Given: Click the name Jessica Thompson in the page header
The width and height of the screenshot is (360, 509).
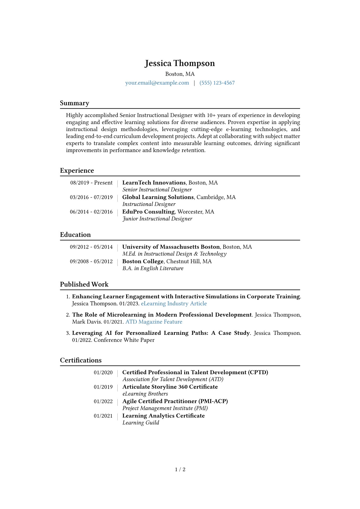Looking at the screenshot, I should (x=180, y=63).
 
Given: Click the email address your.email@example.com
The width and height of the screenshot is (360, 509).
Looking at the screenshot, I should (x=157, y=83).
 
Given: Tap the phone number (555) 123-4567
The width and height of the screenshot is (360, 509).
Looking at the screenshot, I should (x=217, y=83).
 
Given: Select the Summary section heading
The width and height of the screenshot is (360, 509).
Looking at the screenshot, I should (x=74, y=103).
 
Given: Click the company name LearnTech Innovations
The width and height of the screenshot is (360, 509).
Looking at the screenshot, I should (x=154, y=183).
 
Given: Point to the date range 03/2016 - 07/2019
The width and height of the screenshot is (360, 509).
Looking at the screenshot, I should (x=91, y=197).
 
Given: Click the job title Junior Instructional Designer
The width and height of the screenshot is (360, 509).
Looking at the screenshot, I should (x=157, y=219).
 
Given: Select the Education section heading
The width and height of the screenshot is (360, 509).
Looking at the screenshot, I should (x=75, y=235).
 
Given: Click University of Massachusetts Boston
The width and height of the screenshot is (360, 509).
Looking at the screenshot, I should (x=171, y=247).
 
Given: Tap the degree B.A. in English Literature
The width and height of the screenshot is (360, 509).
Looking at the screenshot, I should (x=153, y=268).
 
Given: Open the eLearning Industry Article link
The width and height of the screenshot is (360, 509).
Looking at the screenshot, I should (x=174, y=304).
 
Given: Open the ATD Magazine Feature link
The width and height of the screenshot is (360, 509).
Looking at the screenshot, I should (x=154, y=322).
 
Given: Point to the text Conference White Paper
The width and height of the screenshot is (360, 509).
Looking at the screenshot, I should (x=124, y=340).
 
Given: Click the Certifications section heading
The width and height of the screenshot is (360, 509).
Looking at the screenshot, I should (x=81, y=360).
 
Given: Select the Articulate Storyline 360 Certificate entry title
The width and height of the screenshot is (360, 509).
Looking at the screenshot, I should (x=170, y=387).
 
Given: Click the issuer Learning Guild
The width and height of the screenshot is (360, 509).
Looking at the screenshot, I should (x=141, y=423).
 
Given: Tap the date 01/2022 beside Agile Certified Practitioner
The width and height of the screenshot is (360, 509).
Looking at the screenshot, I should (x=103, y=401).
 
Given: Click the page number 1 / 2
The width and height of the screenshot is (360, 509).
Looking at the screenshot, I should (x=180, y=469).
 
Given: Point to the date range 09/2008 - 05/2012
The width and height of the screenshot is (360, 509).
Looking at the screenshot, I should (x=91, y=261).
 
